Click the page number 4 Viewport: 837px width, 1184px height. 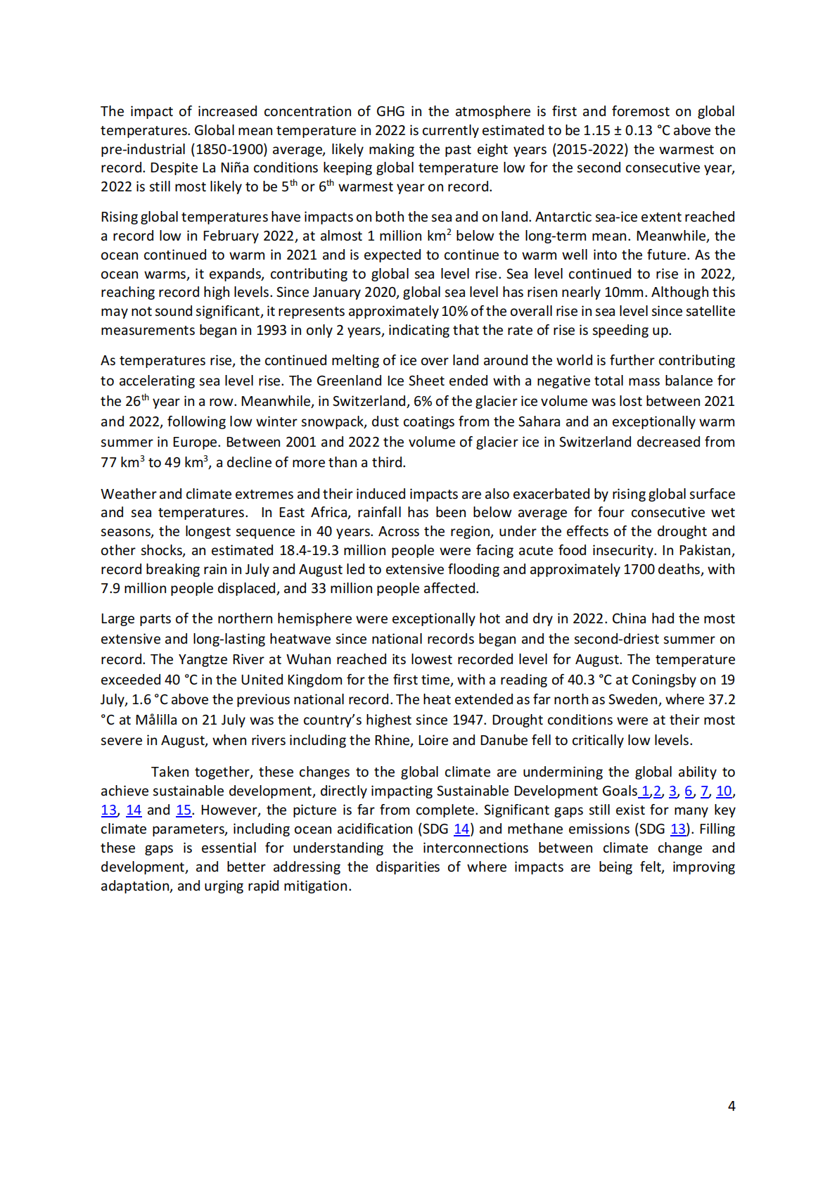tap(731, 1106)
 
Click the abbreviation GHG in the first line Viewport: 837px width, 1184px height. tap(390, 111)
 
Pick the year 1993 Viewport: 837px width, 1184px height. tap(271, 331)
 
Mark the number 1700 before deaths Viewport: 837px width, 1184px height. tap(639, 569)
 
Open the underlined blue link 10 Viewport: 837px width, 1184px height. tap(724, 791)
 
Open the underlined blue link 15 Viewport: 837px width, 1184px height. tap(184, 810)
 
